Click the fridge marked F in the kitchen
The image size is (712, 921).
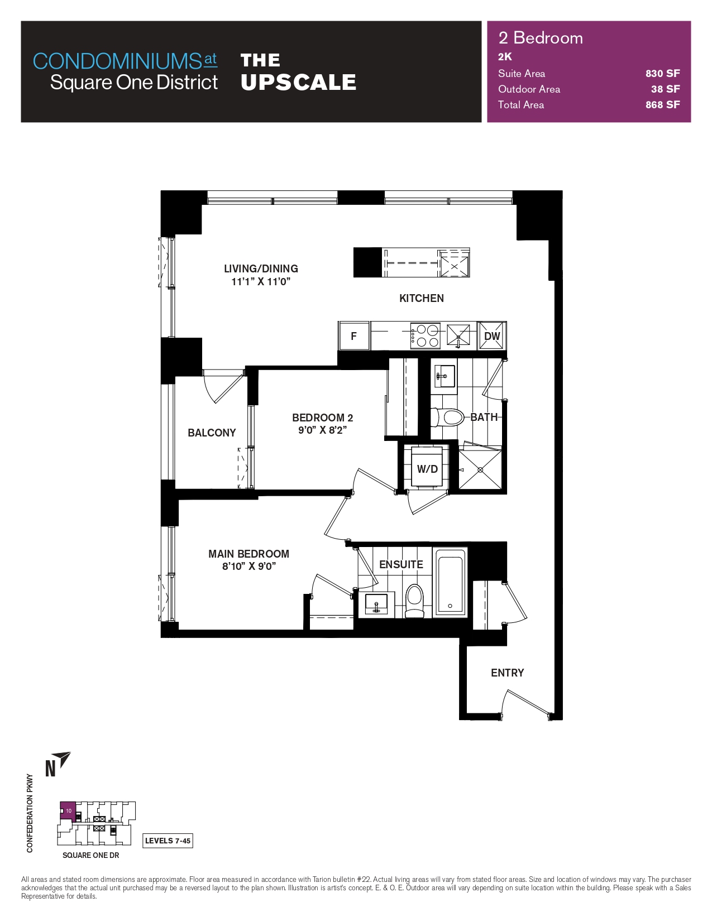(x=353, y=336)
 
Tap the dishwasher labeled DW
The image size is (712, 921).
(x=492, y=336)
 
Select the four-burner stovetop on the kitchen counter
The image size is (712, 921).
(x=426, y=336)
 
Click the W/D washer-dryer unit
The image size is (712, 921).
(x=427, y=468)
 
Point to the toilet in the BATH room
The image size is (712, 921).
(x=449, y=417)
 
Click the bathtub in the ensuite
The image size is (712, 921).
(x=450, y=583)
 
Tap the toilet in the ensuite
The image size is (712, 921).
(x=414, y=600)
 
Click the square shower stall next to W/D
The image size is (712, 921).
(x=480, y=469)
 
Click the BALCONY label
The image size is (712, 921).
(x=212, y=433)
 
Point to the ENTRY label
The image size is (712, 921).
(x=507, y=673)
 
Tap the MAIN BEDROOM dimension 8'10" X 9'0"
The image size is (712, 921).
(x=249, y=567)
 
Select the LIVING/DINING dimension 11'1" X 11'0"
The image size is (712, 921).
(x=261, y=282)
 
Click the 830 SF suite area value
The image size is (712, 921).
(x=662, y=74)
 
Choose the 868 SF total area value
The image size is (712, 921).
(x=662, y=105)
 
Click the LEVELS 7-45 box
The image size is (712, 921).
(x=168, y=841)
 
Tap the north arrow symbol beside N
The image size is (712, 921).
(x=64, y=759)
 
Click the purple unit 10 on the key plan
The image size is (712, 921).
(x=67, y=810)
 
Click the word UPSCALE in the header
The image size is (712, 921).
(x=298, y=83)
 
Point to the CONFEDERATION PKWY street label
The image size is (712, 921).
(x=30, y=813)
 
